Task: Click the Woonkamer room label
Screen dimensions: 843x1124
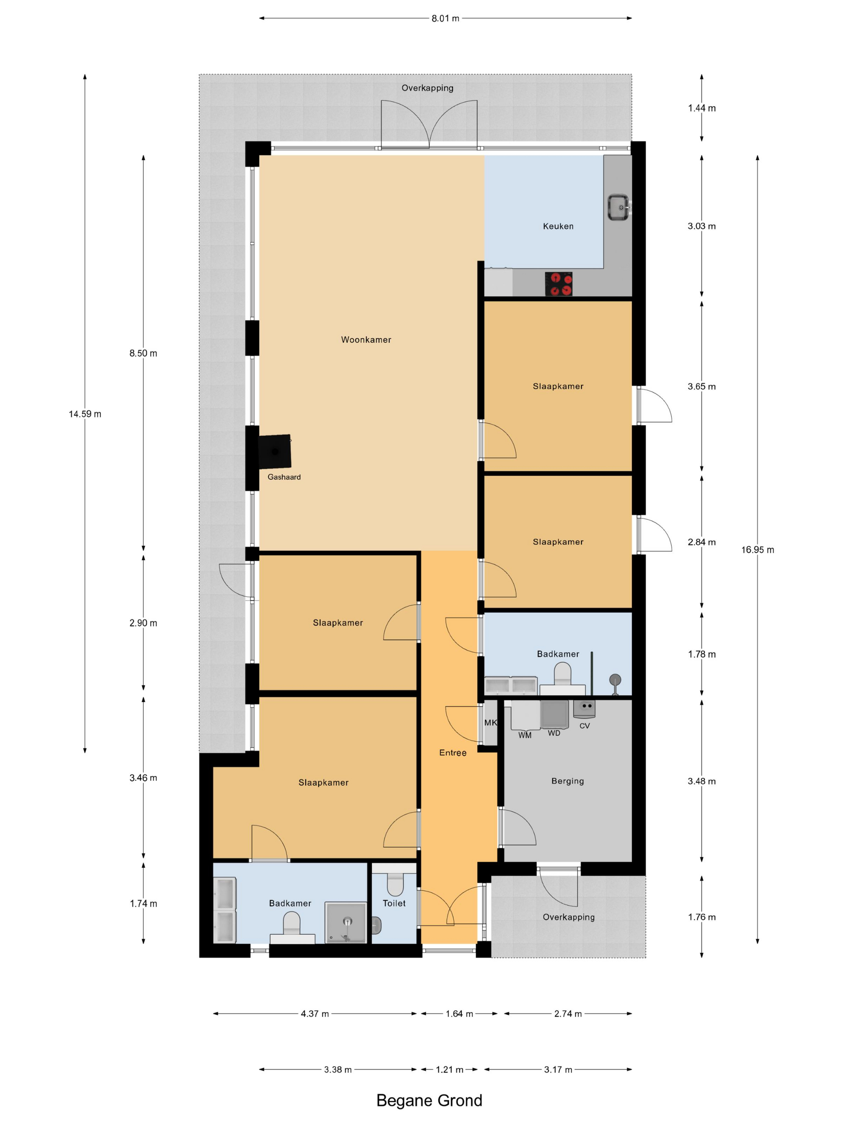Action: pyautogui.click(x=366, y=340)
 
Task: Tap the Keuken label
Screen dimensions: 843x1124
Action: pyautogui.click(x=558, y=226)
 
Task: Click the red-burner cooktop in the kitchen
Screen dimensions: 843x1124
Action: pyautogui.click(x=558, y=284)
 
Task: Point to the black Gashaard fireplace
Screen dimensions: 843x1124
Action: pyautogui.click(x=275, y=451)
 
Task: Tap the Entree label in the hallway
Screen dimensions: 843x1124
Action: pyautogui.click(x=453, y=753)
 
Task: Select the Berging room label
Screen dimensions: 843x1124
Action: pyautogui.click(x=568, y=781)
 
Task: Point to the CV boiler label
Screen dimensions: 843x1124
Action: pyautogui.click(x=584, y=726)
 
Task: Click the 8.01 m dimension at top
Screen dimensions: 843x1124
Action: pyautogui.click(x=445, y=18)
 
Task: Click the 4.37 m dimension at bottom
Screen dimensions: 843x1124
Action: pyautogui.click(x=315, y=1014)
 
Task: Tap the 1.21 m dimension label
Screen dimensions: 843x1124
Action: pyautogui.click(x=449, y=1070)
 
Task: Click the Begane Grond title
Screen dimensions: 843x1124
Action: pyautogui.click(x=429, y=1101)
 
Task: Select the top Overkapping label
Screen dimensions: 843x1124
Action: pyautogui.click(x=428, y=88)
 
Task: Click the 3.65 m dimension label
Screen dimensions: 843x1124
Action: pyautogui.click(x=701, y=386)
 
